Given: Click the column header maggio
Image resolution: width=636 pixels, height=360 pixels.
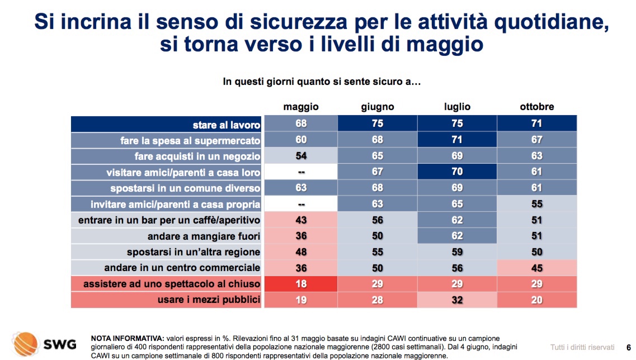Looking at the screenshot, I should click(x=301, y=106).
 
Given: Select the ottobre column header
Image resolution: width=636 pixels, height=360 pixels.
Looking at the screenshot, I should click(x=536, y=106).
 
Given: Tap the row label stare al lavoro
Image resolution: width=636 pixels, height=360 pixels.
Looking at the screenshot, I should click(x=226, y=125).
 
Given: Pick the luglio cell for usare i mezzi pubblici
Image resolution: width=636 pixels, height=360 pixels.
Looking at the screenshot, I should click(x=457, y=300).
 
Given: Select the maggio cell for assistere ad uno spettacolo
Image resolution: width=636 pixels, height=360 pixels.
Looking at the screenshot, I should click(x=301, y=284).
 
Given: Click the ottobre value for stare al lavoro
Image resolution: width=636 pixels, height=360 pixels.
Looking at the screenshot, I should click(x=536, y=124).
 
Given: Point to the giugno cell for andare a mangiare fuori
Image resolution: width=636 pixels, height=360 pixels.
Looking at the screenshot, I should click(x=378, y=236).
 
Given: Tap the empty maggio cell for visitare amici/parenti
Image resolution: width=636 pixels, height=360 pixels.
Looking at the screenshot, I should click(x=301, y=172).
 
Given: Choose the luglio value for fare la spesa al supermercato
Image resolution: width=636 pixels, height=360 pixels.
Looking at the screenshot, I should click(x=457, y=140).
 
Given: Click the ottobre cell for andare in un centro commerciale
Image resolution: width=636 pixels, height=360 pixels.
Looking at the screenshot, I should click(x=536, y=268).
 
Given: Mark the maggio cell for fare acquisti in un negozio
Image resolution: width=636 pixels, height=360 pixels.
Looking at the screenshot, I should click(x=301, y=156).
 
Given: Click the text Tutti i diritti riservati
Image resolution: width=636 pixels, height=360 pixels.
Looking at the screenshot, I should click(x=582, y=346).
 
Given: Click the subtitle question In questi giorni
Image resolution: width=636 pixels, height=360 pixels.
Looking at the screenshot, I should click(x=322, y=82).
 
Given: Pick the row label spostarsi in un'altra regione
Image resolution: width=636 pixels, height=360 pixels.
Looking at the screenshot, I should click(x=194, y=252).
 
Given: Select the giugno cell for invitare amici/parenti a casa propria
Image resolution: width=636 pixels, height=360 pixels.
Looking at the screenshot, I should click(x=378, y=204).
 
